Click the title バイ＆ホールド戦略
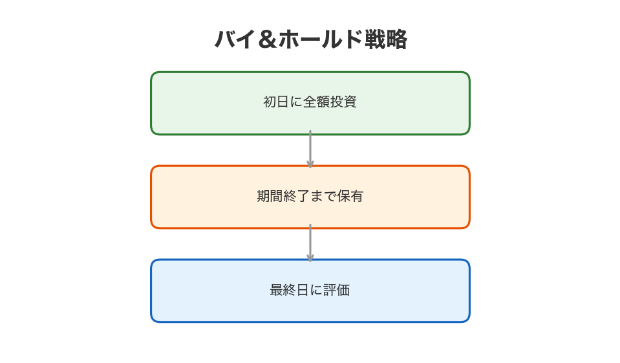pos(310,39)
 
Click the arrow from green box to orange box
pos(310,148)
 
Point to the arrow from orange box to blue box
pos(310,241)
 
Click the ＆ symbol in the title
pos(267,40)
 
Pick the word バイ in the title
pos(235,40)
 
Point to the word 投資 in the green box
pos(345,102)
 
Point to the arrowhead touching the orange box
pos(310,163)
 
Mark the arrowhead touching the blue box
pos(310,257)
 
